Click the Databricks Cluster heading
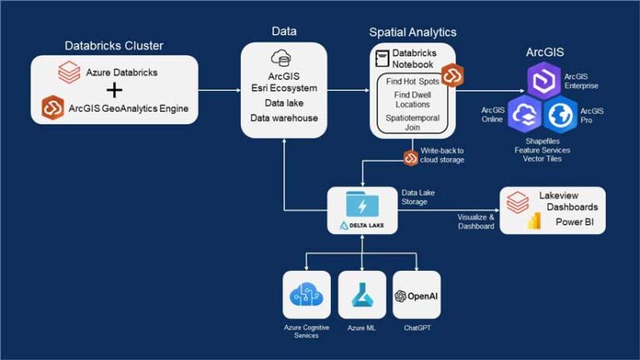coord(114,45)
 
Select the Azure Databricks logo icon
coord(69,72)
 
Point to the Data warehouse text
coord(284,117)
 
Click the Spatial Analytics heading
coord(413,32)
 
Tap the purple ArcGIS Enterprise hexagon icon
coord(546,82)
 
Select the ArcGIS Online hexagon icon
coord(527,115)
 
